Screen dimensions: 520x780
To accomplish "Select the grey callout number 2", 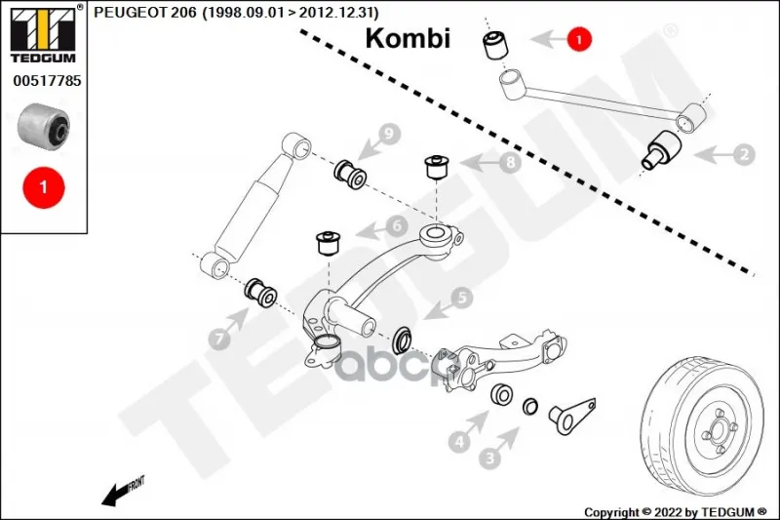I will (x=745, y=153).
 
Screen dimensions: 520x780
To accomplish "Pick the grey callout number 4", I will (x=459, y=442).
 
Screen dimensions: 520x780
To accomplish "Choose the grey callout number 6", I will (x=396, y=226).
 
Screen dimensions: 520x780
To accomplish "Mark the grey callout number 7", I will (x=220, y=339).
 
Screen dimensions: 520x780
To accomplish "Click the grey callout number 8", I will (x=510, y=163).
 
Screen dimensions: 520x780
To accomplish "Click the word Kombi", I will (x=408, y=38).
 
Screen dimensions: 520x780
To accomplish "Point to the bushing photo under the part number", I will (x=44, y=125).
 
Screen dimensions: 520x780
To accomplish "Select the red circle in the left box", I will (x=43, y=184).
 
